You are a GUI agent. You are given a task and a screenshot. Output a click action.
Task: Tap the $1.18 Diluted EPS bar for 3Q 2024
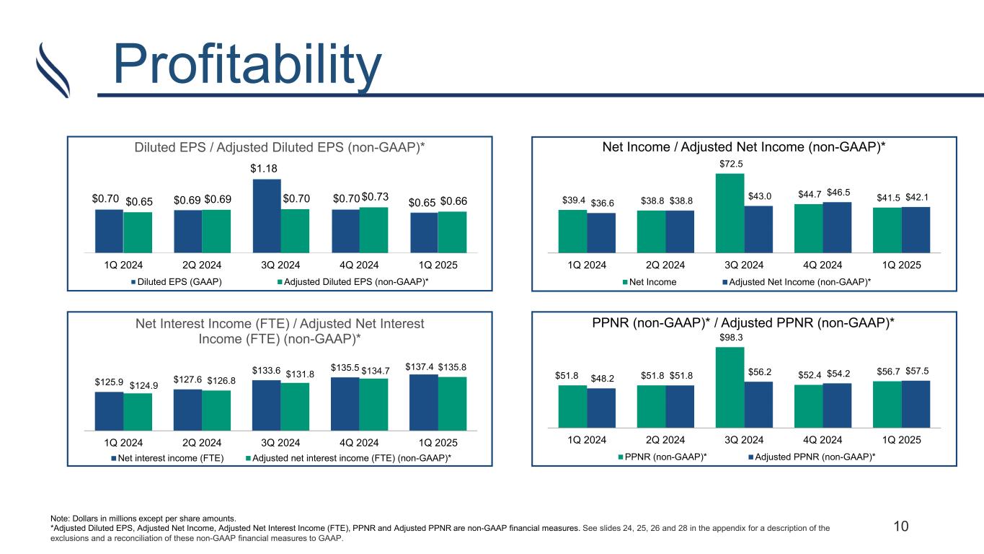(267, 215)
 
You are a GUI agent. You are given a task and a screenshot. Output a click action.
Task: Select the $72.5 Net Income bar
(729, 213)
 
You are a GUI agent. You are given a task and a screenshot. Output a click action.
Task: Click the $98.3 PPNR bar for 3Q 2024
(729, 387)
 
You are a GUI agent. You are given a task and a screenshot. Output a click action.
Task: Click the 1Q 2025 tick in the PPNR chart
(901, 439)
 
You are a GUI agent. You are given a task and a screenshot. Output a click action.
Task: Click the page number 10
(900, 526)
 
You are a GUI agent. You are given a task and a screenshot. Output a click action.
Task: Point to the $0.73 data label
(374, 197)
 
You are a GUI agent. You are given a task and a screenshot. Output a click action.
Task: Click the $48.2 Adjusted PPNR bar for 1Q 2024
(601, 408)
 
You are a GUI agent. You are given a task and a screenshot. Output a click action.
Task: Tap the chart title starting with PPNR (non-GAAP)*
(743, 324)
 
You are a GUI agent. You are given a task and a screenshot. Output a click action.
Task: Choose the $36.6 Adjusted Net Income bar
(601, 232)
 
